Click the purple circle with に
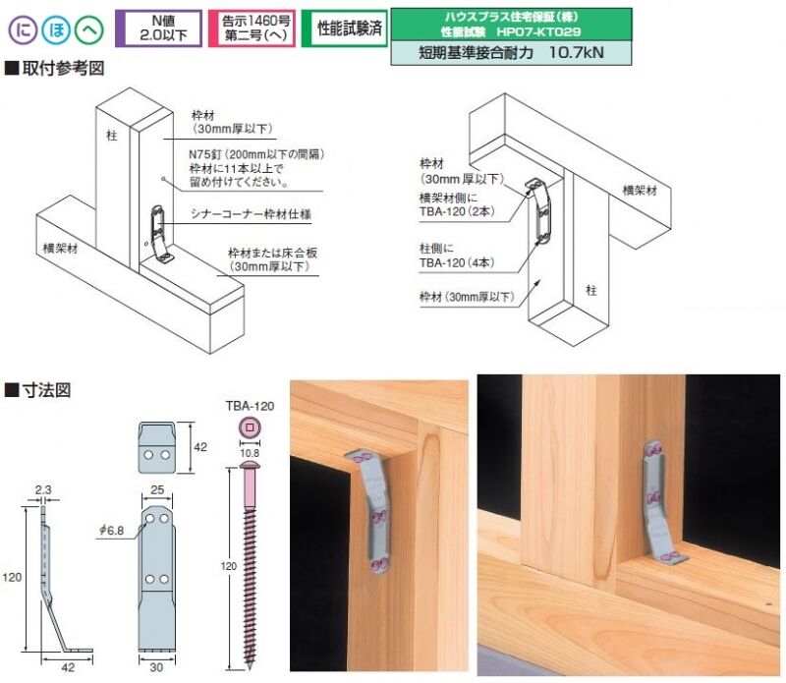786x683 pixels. click(23, 29)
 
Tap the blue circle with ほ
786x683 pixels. click(56, 29)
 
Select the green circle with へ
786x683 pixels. click(89, 29)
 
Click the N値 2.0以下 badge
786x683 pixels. click(159, 28)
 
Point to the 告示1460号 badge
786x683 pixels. click(252, 28)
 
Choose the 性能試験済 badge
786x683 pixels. click(345, 28)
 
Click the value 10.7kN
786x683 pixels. click(577, 52)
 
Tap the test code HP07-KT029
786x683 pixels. click(538, 32)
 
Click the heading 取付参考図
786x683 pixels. click(55, 68)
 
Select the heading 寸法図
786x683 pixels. click(38, 390)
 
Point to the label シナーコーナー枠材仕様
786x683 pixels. click(251, 214)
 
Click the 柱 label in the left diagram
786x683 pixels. click(111, 136)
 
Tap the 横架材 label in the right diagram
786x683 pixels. click(640, 190)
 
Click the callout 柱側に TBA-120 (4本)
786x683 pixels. click(457, 256)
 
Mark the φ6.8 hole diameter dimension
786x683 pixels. click(111, 531)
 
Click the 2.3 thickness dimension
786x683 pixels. click(43, 490)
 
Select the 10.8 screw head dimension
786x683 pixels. click(250, 453)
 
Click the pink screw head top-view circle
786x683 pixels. click(250, 427)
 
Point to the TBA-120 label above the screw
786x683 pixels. click(250, 406)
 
